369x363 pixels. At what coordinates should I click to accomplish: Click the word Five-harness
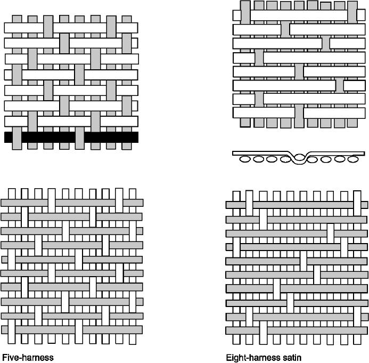point(28,358)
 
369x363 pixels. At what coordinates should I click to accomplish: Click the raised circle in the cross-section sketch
point(300,157)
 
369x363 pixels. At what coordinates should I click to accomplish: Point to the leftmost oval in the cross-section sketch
point(245,159)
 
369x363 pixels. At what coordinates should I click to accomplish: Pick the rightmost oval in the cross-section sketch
point(353,159)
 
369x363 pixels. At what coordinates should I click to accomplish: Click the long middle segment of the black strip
point(48,137)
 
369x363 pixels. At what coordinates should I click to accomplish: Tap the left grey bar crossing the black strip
point(17,138)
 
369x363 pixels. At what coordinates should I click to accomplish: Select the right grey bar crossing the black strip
point(80,138)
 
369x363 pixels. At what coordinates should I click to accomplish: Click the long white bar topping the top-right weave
point(299,15)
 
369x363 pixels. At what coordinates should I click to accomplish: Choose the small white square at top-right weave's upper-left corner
point(237,15)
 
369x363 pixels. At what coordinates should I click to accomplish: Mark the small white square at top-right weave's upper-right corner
point(361,15)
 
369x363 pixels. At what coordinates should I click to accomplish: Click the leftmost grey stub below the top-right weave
point(245,123)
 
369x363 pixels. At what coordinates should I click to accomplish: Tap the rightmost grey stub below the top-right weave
point(352,123)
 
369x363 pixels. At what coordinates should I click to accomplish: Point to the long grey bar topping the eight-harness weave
point(303,205)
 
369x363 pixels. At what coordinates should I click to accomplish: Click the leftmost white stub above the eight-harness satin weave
point(236,196)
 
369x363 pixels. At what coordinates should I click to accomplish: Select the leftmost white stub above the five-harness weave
point(12,193)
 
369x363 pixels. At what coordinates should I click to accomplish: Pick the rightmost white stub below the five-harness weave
point(133,339)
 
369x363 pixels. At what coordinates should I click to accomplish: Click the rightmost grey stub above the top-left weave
point(127,19)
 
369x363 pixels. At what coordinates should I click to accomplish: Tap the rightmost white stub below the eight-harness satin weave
point(357,340)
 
